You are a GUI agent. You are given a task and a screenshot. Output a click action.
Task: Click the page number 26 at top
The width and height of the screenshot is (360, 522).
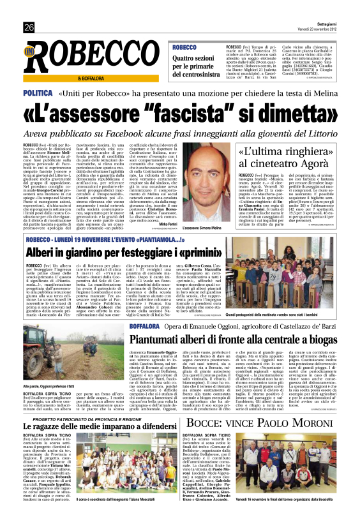click(x=29, y=27)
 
